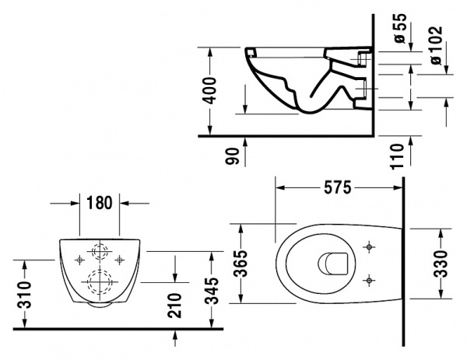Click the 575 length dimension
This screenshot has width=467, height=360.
point(337,187)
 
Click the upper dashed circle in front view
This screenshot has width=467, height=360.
point(99,252)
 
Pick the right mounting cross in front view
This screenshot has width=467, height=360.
point(119,257)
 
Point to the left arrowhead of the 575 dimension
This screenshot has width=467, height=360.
point(281,187)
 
